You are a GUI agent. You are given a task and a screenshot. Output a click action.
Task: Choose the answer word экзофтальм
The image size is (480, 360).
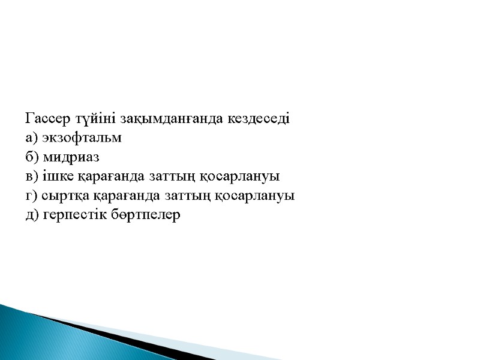[82, 138]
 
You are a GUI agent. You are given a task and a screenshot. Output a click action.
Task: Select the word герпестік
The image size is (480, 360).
[77, 215]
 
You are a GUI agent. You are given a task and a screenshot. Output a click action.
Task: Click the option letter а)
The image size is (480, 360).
[32, 138]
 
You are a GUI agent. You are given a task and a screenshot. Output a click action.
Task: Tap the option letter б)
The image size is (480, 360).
[32, 157]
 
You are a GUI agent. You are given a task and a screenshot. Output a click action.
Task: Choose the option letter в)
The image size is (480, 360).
[32, 177]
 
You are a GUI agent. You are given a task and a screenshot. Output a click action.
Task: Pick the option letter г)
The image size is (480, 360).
[31, 196]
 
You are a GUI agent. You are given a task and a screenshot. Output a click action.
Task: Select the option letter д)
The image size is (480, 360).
[32, 215]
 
